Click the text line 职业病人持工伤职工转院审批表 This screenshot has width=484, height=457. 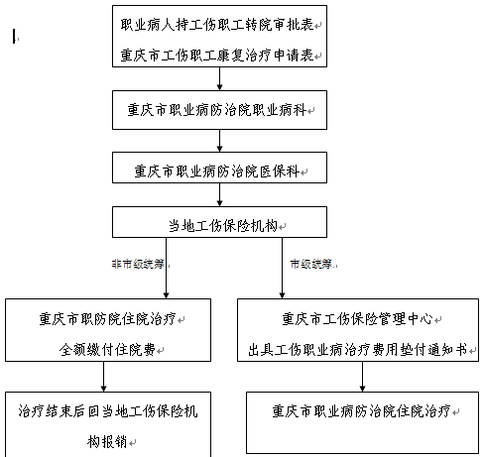click(x=217, y=25)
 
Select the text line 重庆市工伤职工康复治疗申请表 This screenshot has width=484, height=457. click(x=217, y=55)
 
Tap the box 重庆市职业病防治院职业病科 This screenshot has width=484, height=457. click(x=219, y=110)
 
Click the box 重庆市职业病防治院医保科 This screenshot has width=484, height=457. click(x=219, y=168)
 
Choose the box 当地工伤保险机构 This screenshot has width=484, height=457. click(x=219, y=222)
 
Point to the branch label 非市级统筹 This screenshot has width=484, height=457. click(x=138, y=264)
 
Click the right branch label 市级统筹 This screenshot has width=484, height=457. click(x=311, y=264)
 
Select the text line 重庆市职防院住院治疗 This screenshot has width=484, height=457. click(x=107, y=319)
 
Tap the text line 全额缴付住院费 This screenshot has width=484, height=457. click(x=107, y=349)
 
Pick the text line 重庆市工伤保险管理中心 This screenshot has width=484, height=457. click(x=357, y=319)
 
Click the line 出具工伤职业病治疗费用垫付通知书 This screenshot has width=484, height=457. click(x=357, y=349)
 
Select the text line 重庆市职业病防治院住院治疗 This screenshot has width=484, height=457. click(x=362, y=411)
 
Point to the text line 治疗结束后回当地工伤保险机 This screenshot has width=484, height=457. click(x=108, y=411)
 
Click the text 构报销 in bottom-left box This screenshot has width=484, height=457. click(x=107, y=442)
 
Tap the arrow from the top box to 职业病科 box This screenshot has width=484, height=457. click(x=219, y=78)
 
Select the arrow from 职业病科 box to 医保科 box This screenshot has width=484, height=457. click(x=219, y=141)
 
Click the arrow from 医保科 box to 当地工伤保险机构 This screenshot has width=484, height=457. click(x=219, y=194)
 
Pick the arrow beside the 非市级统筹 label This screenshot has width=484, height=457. click(x=167, y=268)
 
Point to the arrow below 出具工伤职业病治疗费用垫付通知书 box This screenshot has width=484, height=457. click(x=362, y=377)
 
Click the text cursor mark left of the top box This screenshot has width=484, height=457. click(x=14, y=36)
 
